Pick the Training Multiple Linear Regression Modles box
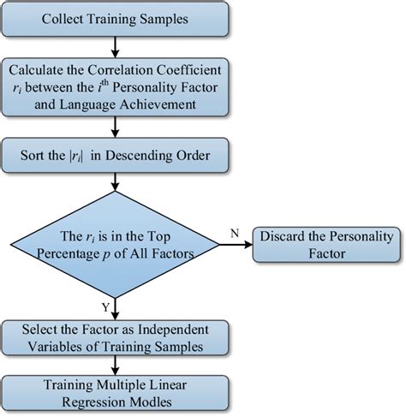[x=116, y=391]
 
